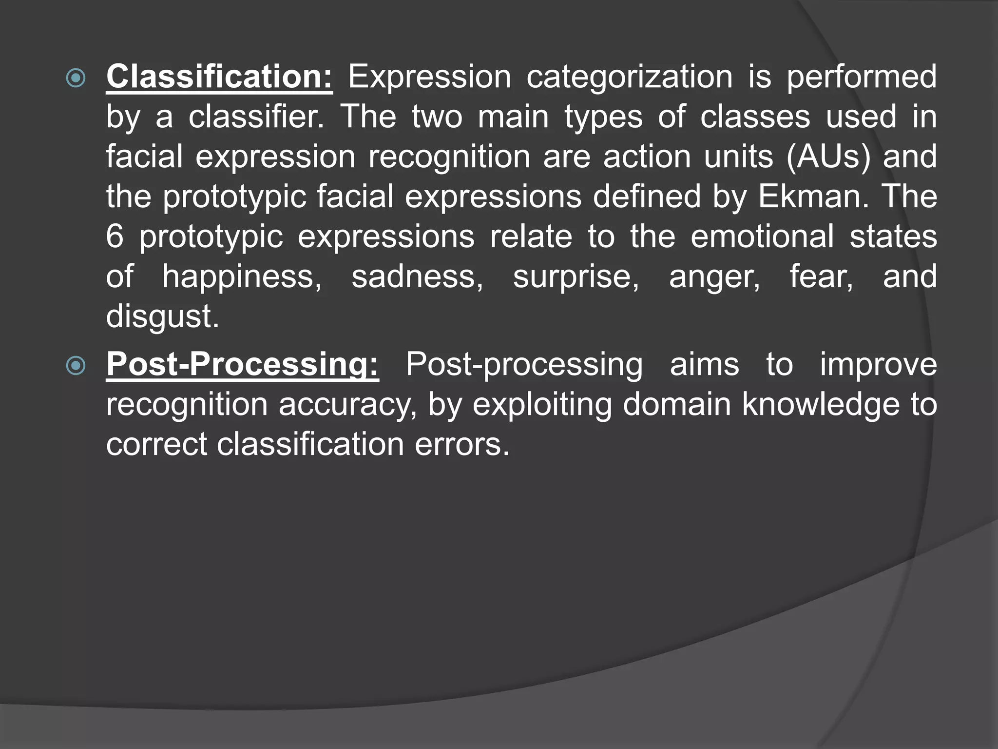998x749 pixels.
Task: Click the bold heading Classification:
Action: (x=219, y=77)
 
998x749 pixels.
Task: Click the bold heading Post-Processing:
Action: (x=242, y=365)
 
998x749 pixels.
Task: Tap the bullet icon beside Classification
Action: (x=76, y=78)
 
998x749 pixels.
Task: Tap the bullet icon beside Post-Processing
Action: (x=76, y=366)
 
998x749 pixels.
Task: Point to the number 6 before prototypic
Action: (x=115, y=237)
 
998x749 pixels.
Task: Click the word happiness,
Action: (x=242, y=277)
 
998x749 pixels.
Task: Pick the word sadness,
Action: (x=417, y=277)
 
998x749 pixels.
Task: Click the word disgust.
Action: (x=162, y=317)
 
